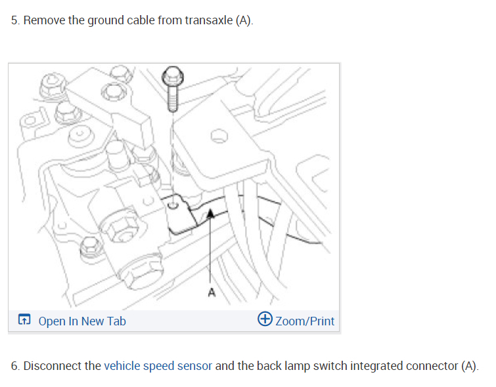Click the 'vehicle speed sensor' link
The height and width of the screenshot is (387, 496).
tap(158, 365)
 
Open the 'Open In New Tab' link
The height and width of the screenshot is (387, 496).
tap(82, 321)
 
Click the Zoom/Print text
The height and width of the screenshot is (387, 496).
tap(305, 321)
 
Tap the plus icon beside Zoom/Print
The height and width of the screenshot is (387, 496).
tap(265, 319)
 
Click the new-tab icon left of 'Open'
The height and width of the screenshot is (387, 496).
tap(24, 321)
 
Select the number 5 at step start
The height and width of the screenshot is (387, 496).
tap(14, 20)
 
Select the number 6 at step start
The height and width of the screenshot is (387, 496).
tap(14, 365)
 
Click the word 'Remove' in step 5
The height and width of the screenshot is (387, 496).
tap(43, 20)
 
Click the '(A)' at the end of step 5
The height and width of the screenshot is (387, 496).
tap(244, 20)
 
